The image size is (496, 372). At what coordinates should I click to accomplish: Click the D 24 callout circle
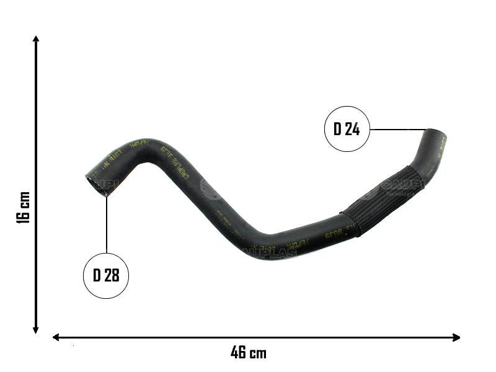coord(347,130)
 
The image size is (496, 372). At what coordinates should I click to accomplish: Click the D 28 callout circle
coord(106,276)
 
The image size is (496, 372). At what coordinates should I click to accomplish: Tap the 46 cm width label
coord(249,353)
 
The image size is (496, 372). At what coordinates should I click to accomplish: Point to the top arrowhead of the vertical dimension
coord(37,39)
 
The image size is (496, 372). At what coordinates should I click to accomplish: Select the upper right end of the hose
coord(436,135)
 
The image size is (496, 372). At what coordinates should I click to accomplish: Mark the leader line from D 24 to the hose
coord(397,130)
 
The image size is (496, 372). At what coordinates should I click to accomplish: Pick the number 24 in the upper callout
coord(353,130)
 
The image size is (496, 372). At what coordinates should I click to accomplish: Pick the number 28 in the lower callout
coord(112,276)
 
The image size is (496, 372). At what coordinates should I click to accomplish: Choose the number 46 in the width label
coord(239,353)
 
